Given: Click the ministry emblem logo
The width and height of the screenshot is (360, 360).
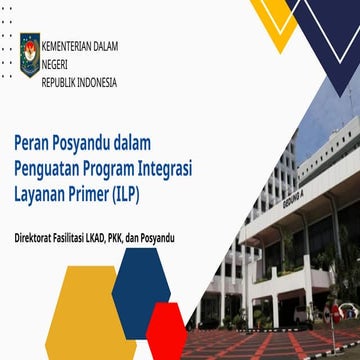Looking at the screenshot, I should pos(30,54).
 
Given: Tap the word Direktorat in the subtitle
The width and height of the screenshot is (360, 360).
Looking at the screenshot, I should pos(39,238).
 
